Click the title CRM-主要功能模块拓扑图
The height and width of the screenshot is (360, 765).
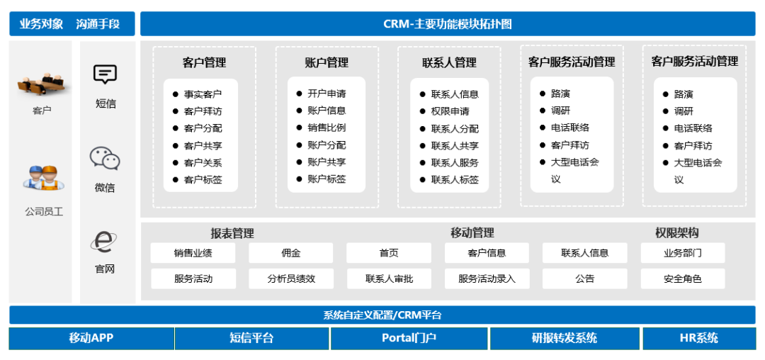pyautogui.click(x=447, y=24)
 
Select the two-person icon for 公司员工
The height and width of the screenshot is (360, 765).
pyautogui.click(x=42, y=177)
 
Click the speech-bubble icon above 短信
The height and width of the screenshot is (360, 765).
pyautogui.click(x=105, y=74)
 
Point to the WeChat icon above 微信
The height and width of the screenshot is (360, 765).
pyautogui.click(x=105, y=159)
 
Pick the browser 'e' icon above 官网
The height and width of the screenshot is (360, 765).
pyautogui.click(x=105, y=242)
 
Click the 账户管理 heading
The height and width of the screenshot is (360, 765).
pyautogui.click(x=327, y=63)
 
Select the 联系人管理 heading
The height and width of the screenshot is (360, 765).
pyautogui.click(x=449, y=63)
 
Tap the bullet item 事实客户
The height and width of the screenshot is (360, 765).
pyautogui.click(x=202, y=94)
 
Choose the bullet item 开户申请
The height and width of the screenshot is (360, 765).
pyautogui.click(x=327, y=94)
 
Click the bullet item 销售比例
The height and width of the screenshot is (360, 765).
pyautogui.click(x=327, y=128)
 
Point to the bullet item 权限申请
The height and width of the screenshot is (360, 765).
pyautogui.click(x=450, y=111)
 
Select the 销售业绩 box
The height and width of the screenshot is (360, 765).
pyautogui.click(x=193, y=253)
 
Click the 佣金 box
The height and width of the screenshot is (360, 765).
pyautogui.click(x=290, y=253)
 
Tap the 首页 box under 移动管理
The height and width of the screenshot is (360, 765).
pyautogui.click(x=388, y=253)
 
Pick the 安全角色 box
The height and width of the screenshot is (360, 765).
pyautogui.click(x=682, y=279)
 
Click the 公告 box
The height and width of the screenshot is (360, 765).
pyautogui.click(x=584, y=279)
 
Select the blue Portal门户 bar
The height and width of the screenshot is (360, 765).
pyautogui.click(x=409, y=338)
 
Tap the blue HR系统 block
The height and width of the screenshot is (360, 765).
pyautogui.click(x=698, y=338)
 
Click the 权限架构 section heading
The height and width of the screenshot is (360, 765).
pyautogui.click(x=676, y=233)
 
